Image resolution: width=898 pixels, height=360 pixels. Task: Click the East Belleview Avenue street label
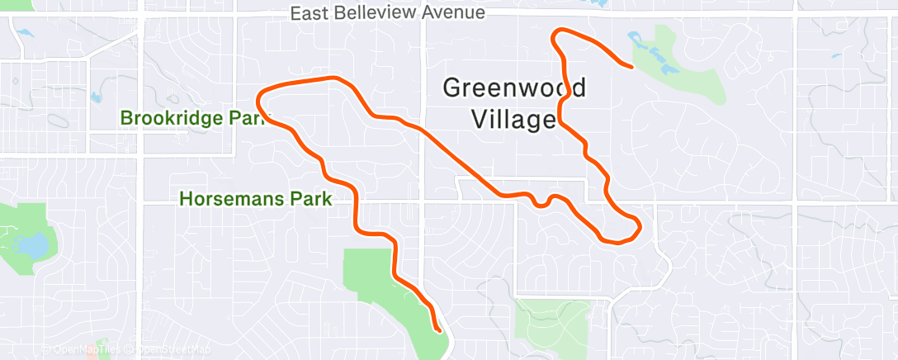(x=388, y=13)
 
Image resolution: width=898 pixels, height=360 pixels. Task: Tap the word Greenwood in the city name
(x=515, y=88)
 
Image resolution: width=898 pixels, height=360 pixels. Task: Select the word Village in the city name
(x=513, y=119)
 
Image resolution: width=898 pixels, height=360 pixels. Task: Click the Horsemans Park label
(x=256, y=199)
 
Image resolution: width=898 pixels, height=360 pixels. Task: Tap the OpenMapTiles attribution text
(x=83, y=350)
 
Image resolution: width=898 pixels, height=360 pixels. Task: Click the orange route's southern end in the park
(x=438, y=330)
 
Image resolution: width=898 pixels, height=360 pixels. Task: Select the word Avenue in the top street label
(x=451, y=13)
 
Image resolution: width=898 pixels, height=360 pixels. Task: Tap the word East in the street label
(x=310, y=13)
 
